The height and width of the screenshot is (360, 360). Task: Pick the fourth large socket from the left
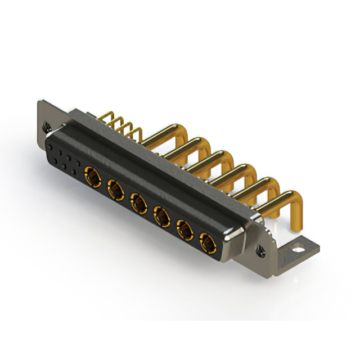click(162, 216)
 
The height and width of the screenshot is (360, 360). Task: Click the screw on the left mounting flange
click(49, 127)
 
